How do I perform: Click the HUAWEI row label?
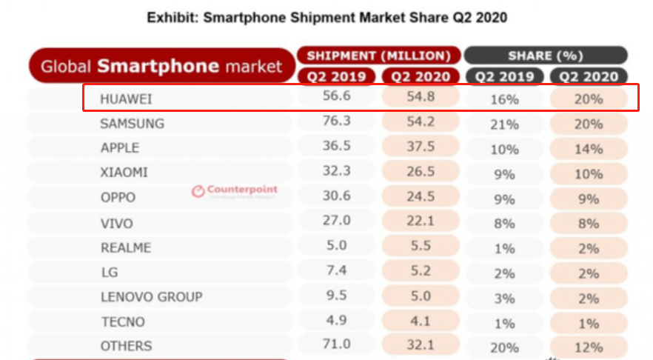click(x=126, y=99)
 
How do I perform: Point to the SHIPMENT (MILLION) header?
click(x=378, y=56)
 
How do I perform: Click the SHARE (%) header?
click(x=546, y=56)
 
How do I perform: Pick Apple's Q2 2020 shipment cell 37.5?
click(x=420, y=148)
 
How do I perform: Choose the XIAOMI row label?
click(x=124, y=173)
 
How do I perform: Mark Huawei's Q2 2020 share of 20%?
click(x=589, y=99)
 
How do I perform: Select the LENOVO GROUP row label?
click(x=151, y=297)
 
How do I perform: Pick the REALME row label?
click(x=125, y=247)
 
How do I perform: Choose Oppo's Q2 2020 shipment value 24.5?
click(x=420, y=198)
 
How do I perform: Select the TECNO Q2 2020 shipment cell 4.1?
click(x=420, y=321)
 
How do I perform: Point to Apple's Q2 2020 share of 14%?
click(x=589, y=149)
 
